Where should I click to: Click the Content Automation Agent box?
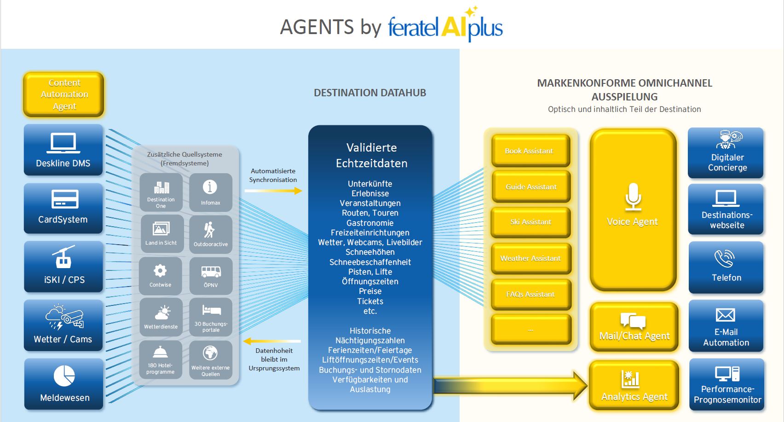pos(64,94)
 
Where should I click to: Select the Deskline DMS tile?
pos(63,150)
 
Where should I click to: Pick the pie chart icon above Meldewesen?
pos(64,376)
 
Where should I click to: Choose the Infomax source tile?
pos(211,192)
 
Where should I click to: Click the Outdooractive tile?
pos(211,234)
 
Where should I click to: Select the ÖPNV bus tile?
pos(211,275)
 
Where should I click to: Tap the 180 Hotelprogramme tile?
pos(161,360)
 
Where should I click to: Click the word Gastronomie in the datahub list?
pos(370,223)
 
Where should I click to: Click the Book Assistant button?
pos(530,151)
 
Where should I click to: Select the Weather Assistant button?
pos(530,258)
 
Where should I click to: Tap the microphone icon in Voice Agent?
pos(633,196)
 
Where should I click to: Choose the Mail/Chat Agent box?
pos(634,327)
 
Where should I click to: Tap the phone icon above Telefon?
pos(725,258)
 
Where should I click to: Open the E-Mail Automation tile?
pos(726,326)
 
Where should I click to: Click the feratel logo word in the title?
pos(413,28)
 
